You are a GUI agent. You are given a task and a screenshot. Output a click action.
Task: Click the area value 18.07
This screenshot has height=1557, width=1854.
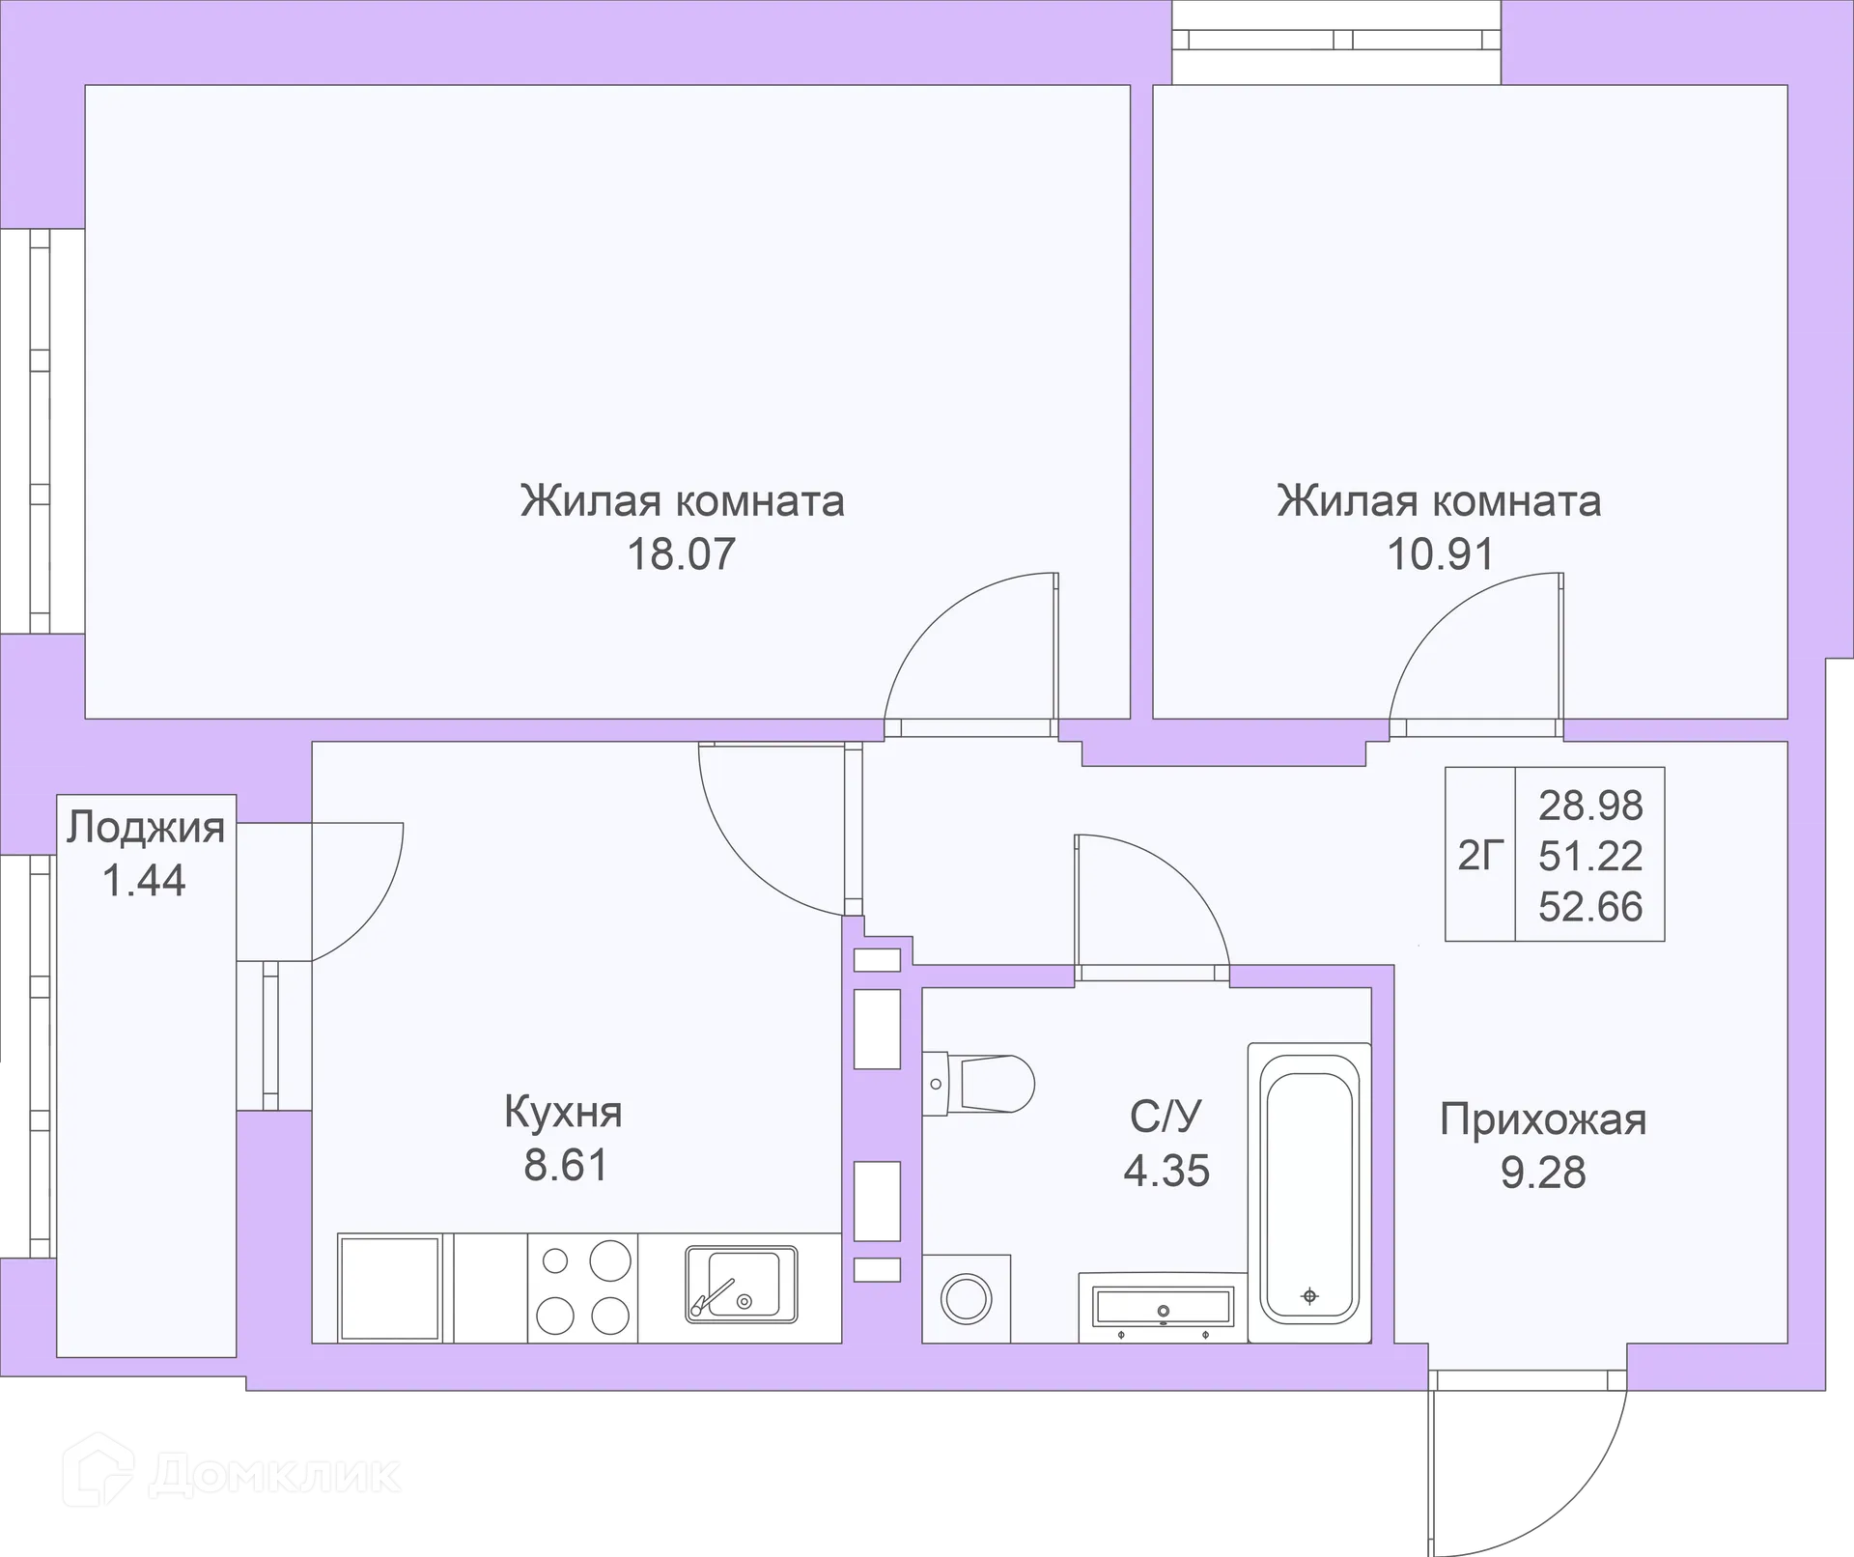(x=682, y=554)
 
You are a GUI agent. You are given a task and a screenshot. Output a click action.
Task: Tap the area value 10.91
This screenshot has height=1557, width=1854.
(x=1440, y=554)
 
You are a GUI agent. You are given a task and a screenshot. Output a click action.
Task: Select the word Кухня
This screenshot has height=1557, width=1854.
(x=563, y=1112)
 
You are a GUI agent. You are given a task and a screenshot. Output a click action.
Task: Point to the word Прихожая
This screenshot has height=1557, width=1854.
(x=1542, y=1119)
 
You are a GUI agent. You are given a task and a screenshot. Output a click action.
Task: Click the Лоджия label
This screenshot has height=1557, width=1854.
(x=146, y=828)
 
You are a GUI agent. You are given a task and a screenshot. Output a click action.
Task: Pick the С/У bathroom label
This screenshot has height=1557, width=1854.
(x=1166, y=1117)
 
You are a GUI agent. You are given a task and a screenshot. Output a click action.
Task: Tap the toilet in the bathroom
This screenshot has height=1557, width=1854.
(x=978, y=1084)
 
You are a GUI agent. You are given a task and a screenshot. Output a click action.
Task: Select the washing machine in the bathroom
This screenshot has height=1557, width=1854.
(x=966, y=1298)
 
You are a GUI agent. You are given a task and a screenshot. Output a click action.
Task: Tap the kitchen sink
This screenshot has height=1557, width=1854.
(x=741, y=1284)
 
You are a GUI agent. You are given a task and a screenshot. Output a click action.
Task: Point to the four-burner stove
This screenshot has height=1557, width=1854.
(x=582, y=1288)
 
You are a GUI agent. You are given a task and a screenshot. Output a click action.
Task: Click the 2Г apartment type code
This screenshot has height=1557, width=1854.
(x=1480, y=855)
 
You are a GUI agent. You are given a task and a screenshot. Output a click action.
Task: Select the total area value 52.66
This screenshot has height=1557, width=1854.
(x=1590, y=907)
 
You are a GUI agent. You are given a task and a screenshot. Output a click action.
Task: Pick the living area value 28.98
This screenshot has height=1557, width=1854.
(x=1590, y=805)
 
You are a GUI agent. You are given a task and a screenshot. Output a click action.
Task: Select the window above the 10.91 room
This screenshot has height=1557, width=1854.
(x=1336, y=41)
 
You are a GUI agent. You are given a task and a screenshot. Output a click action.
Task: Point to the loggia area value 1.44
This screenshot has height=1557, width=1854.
(x=144, y=881)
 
